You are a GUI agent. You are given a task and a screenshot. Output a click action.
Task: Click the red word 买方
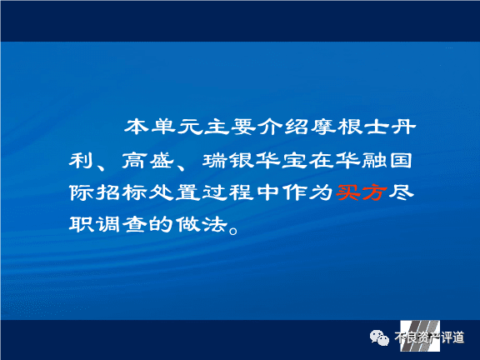[x=361, y=192]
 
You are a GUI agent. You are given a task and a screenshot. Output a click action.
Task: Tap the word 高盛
[x=148, y=160]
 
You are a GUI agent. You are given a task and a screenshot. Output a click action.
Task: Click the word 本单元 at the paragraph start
[x=163, y=127]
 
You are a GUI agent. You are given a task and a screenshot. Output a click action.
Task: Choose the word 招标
[x=121, y=192]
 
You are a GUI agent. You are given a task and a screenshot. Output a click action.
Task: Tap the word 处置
[x=175, y=192]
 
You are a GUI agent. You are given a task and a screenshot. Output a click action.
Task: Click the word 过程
[x=228, y=192]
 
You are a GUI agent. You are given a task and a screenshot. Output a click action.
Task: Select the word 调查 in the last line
[x=121, y=225]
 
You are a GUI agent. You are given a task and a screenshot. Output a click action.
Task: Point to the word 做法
[x=202, y=225]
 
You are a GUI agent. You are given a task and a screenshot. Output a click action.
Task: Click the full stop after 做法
[x=233, y=230]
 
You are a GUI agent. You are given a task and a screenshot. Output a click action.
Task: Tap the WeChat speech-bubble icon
[x=379, y=338]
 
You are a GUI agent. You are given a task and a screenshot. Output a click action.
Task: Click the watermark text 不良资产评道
[x=429, y=337]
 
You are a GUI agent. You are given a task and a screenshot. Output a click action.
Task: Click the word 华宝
[x=282, y=160]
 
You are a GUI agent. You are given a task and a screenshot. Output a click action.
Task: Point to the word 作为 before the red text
[x=308, y=192]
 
